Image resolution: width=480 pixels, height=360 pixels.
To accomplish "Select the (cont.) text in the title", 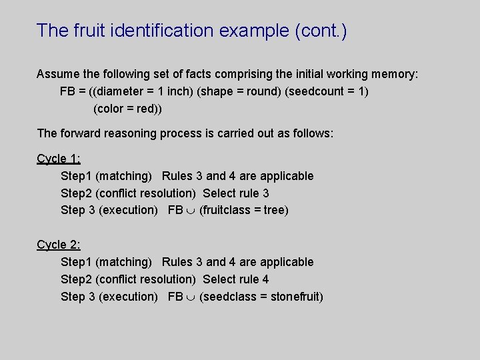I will [320, 31].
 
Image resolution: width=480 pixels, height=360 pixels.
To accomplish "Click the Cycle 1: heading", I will [59, 159].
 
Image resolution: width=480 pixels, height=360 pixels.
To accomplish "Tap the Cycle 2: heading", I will [59, 245].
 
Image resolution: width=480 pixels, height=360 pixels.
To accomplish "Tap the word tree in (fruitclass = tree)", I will [274, 211].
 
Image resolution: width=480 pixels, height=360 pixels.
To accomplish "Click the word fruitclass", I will [227, 211].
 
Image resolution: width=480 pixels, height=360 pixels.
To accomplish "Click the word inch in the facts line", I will [178, 91].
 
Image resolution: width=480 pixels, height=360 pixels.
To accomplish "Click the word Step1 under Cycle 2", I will [77, 262].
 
